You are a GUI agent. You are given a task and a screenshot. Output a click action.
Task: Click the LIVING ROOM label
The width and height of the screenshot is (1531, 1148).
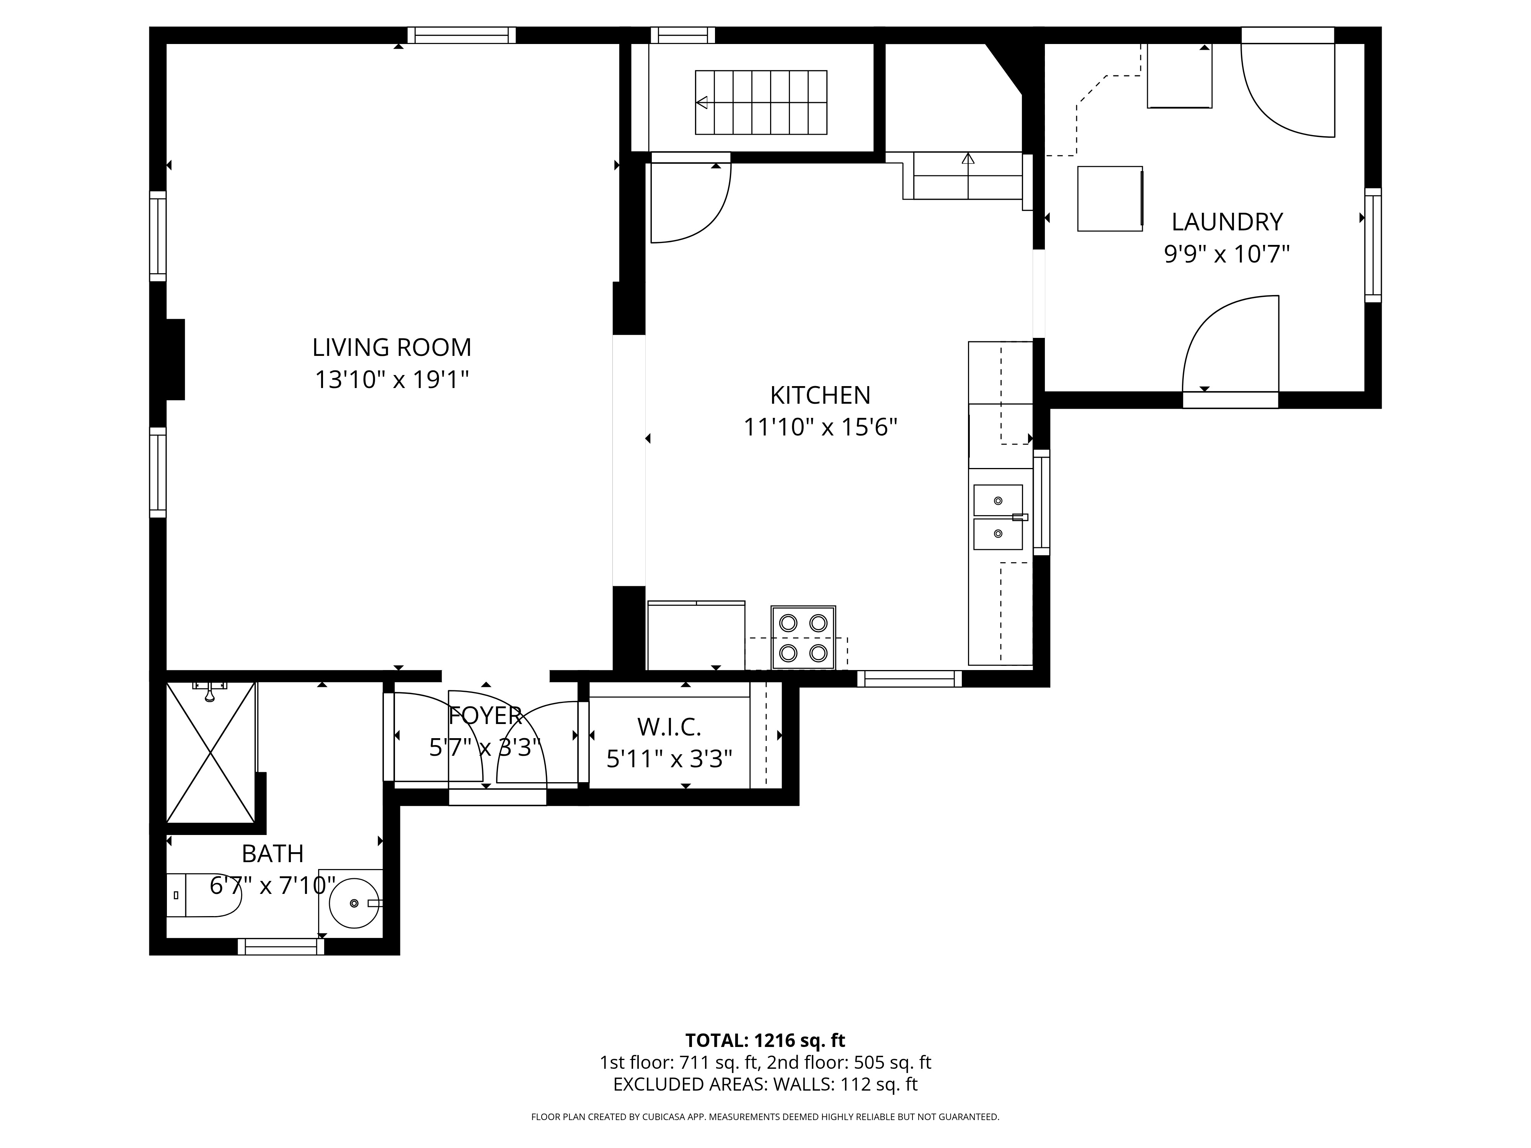(392, 347)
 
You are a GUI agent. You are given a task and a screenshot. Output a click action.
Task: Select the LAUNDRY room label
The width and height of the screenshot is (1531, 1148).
(1226, 222)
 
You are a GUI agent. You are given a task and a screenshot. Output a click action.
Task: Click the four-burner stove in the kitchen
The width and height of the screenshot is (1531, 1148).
(803, 637)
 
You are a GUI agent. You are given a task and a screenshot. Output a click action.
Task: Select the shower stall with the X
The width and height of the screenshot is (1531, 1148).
(211, 752)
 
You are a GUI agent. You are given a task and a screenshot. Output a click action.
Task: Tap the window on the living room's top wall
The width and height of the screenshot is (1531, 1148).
(461, 35)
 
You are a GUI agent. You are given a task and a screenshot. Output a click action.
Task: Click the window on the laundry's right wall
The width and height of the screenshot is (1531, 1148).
(1373, 245)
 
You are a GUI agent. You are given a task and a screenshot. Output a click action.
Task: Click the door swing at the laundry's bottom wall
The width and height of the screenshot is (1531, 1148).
(1230, 346)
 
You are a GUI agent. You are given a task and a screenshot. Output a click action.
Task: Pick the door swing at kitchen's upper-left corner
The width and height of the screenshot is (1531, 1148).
(689, 201)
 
